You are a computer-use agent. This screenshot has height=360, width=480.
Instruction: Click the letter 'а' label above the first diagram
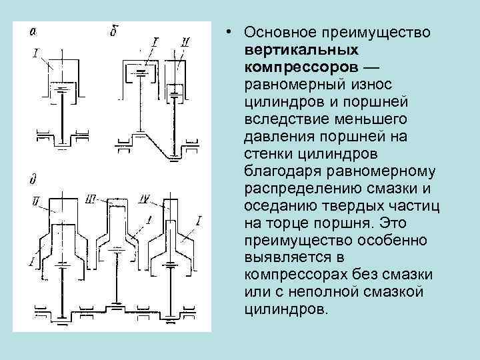point(31,31)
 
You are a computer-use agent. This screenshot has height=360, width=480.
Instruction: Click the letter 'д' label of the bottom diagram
point(31,179)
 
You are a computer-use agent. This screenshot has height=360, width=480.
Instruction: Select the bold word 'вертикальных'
point(292,50)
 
